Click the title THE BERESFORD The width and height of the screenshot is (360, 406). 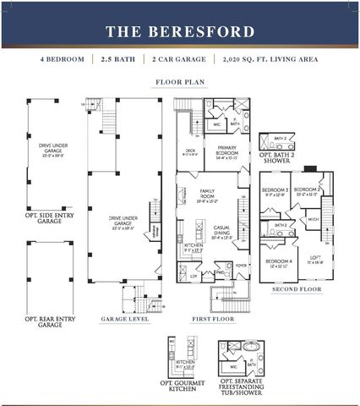[179, 32]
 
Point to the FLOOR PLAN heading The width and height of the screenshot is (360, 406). [179, 83]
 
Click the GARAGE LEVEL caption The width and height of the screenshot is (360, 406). [126, 320]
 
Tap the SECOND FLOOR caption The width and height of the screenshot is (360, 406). [296, 289]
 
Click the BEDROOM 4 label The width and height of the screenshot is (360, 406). [278, 261]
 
